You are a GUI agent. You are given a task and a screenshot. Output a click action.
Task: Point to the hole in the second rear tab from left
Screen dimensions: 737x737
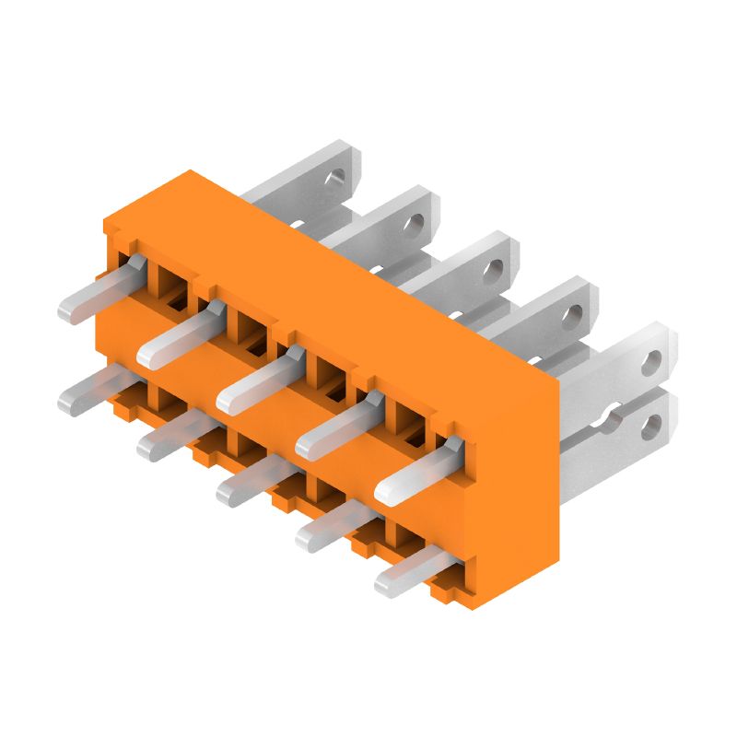[417, 222]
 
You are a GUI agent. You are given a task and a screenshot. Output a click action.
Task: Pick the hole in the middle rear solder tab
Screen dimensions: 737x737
[495, 269]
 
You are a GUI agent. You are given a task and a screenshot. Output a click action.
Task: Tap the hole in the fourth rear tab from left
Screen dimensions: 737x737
[573, 316]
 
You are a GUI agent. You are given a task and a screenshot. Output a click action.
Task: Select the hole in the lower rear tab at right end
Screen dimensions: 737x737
[652, 424]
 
